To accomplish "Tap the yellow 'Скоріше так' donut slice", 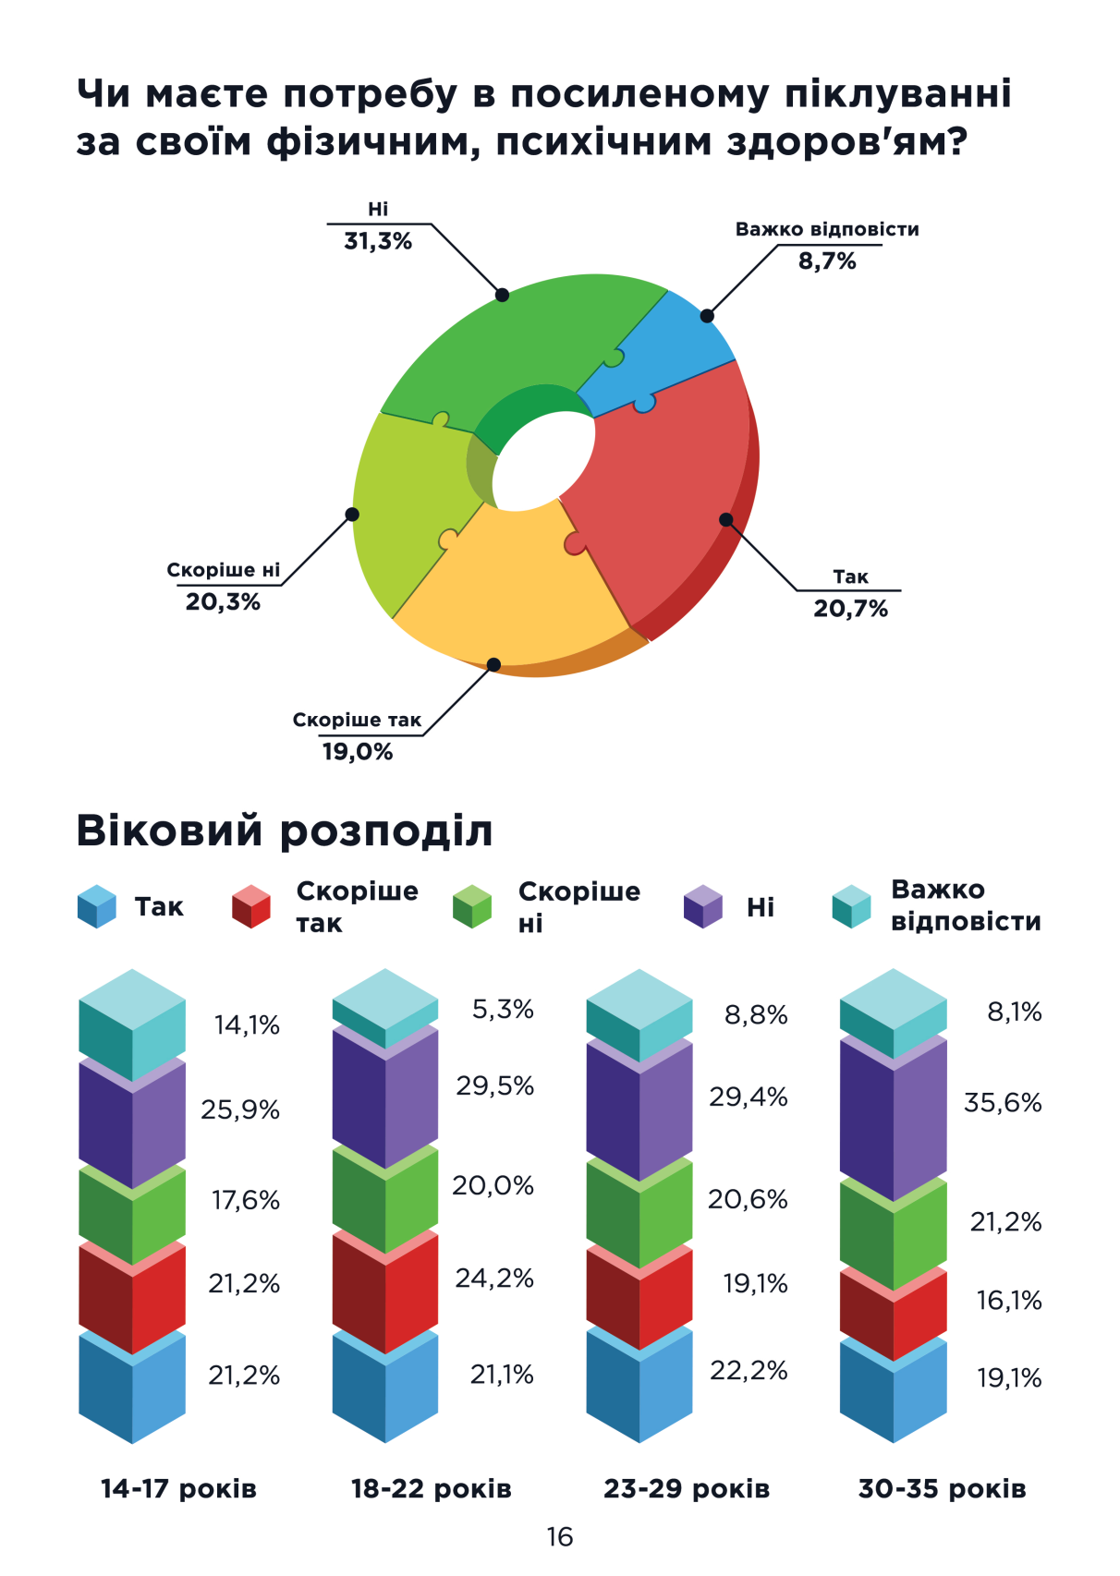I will pos(517,591).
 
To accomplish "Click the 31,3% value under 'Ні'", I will pos(378,242).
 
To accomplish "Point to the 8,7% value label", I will pos(827,261).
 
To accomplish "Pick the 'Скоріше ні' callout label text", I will pos(223,570).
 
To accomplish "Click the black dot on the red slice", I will pos(726,520).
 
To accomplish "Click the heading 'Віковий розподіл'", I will pos(284,830).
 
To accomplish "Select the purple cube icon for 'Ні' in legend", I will pos(702,906).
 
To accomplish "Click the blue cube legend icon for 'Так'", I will pos(97,906).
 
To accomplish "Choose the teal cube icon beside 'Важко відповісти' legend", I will pos(851,906).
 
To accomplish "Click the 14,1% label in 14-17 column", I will pos(247,1024).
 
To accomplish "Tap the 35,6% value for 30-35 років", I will pos(1003,1102).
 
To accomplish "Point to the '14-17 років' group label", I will pos(178,1489).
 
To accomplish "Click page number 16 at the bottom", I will pos(560,1537).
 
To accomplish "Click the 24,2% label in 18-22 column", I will pos(494,1279).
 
